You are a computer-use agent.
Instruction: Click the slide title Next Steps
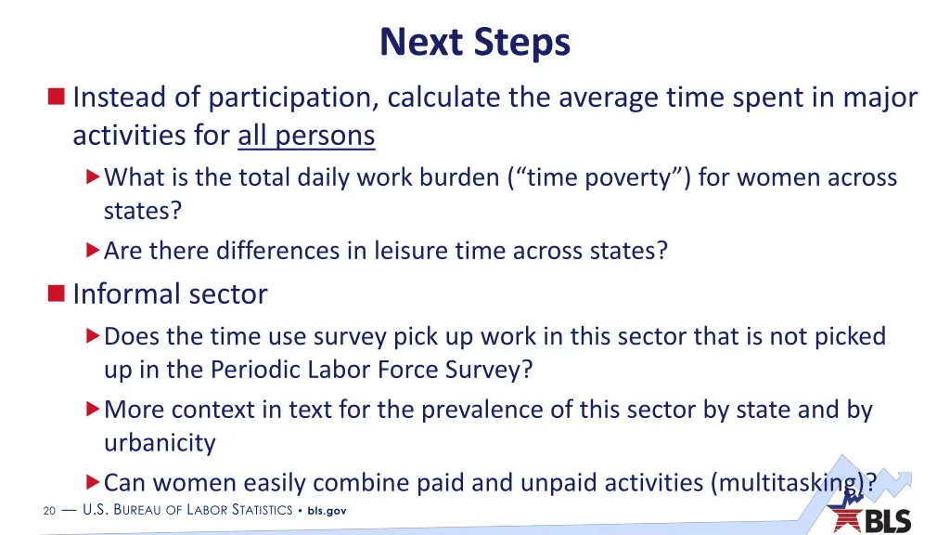click(474, 42)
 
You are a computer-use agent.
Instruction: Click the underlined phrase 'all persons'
click(306, 136)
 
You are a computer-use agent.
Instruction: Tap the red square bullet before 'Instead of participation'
click(57, 97)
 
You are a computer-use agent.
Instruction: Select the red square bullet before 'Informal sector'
click(57, 294)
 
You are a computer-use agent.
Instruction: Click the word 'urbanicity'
click(160, 443)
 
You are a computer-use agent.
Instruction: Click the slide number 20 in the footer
click(49, 510)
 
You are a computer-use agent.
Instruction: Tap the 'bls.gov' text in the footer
click(327, 510)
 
